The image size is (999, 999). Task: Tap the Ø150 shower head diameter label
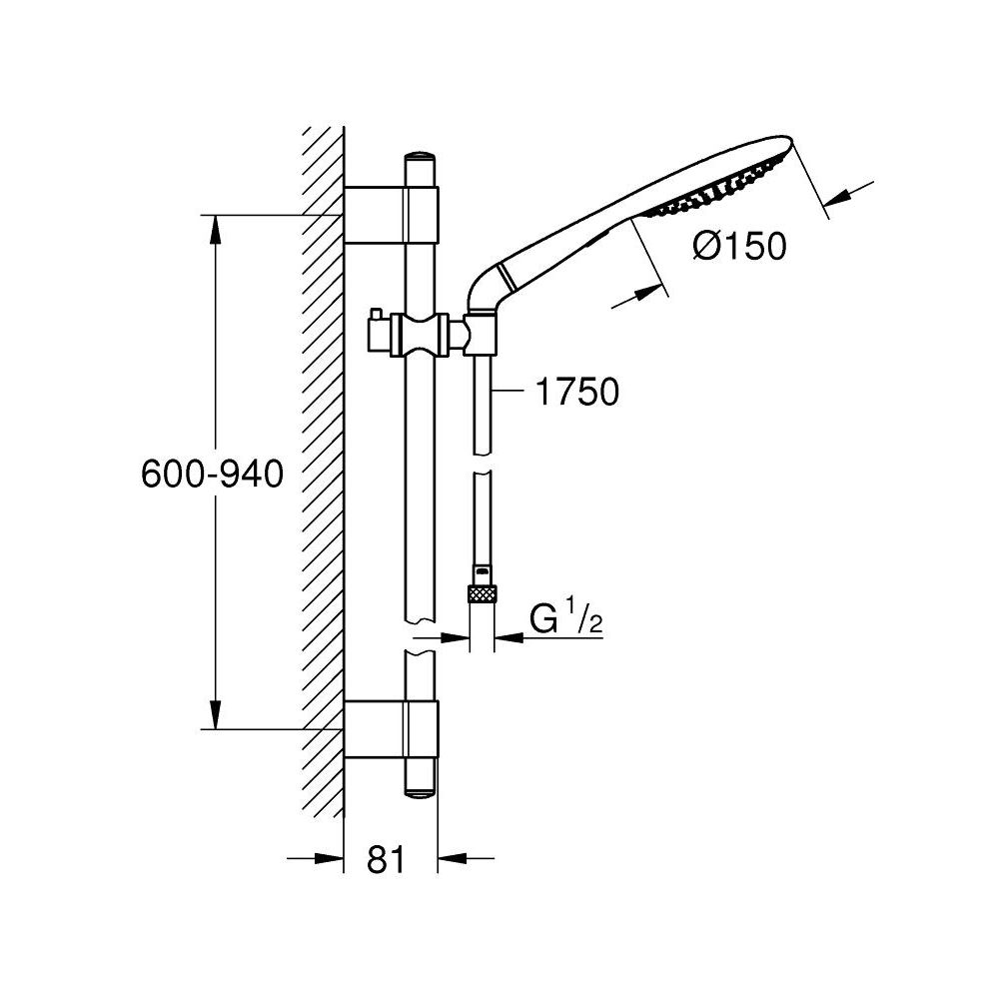coord(738,245)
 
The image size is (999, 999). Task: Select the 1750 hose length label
coord(576,393)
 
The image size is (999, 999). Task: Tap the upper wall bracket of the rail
coord(391,214)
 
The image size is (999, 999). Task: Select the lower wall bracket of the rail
coord(391,729)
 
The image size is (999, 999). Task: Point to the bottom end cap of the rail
coord(420,785)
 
